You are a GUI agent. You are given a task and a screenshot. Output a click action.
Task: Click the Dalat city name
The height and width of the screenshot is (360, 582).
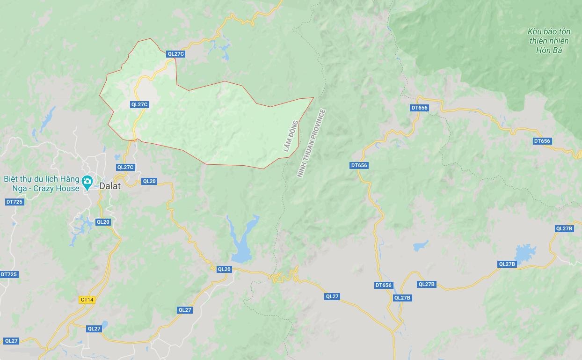[110, 186]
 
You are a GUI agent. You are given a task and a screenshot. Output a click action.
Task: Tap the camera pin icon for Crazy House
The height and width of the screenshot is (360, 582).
[87, 181]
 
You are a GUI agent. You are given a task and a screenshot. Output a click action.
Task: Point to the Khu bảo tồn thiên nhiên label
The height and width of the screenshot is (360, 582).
[549, 36]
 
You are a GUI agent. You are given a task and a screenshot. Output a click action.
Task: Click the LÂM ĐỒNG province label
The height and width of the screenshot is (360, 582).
[291, 136]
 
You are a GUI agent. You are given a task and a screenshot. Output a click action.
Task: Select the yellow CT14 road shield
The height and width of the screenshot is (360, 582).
[87, 300]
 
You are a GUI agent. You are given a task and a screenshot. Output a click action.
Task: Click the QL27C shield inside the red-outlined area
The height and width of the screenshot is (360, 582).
[139, 105]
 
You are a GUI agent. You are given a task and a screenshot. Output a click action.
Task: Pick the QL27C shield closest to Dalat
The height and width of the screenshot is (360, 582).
[125, 167]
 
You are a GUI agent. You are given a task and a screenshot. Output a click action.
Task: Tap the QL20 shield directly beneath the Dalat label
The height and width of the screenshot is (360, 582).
[103, 222]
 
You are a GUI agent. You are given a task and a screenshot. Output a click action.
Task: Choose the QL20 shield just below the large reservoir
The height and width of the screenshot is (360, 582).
[224, 269]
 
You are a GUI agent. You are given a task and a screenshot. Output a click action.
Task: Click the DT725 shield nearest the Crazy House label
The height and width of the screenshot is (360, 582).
[15, 202]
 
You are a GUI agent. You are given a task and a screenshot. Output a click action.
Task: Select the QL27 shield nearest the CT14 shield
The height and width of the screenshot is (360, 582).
[94, 329]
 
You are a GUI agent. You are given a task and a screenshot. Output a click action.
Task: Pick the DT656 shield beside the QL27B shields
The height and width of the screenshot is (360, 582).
[384, 285]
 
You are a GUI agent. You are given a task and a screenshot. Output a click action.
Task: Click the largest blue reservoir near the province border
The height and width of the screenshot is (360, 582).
[243, 239]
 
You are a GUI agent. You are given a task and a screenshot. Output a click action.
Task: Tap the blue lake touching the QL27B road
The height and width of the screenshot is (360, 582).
[525, 253]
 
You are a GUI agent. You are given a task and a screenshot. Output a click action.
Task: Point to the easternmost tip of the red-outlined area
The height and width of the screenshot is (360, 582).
[313, 98]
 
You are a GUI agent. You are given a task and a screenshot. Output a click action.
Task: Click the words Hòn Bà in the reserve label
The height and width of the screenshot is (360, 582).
[549, 50]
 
